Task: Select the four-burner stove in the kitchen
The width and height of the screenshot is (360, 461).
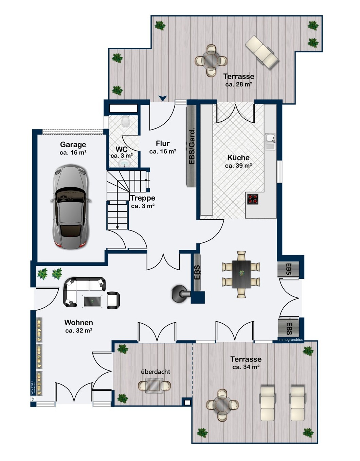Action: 253,199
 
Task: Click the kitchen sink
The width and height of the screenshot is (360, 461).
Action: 270,138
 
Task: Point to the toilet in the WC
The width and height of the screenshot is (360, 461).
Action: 125,121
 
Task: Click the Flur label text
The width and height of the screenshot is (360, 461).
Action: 163,143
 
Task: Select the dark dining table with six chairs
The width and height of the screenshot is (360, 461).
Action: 241,274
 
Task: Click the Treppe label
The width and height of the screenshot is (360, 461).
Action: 143,198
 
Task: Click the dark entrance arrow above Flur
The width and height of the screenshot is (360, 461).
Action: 163,98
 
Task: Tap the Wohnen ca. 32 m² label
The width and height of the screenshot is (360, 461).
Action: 78,326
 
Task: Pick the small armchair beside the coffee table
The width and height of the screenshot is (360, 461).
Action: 113,300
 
